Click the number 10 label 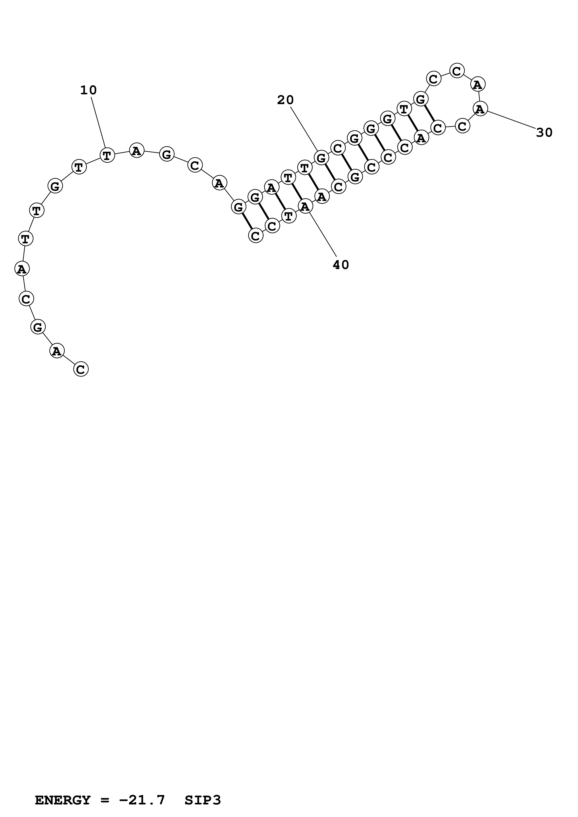[x=88, y=90]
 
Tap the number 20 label [x=285, y=100]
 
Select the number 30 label [x=544, y=133]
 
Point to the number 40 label [x=341, y=265]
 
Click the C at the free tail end [x=81, y=369]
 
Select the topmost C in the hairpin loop [x=456, y=71]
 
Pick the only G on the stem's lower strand [x=355, y=177]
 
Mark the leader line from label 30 [x=511, y=119]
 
